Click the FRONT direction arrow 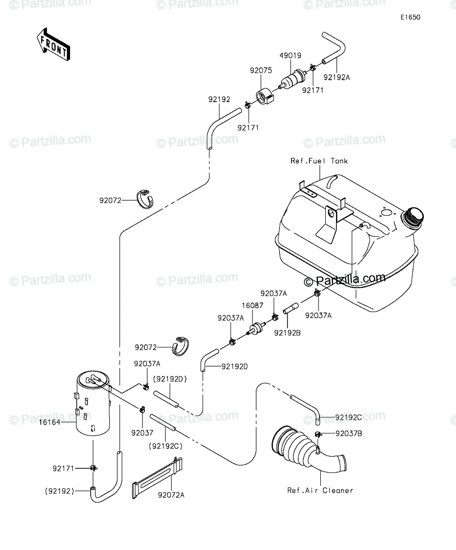(54, 44)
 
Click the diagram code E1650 (411, 17)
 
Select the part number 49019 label (290, 55)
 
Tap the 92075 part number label (261, 70)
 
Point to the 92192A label (337, 77)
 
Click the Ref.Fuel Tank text (319, 161)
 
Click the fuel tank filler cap (412, 218)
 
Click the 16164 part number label (49, 423)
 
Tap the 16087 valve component (256, 329)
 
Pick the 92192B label (287, 333)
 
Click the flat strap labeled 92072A (157, 478)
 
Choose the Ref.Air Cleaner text (320, 490)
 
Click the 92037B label (349, 434)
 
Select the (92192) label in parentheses (60, 491)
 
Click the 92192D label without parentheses (235, 367)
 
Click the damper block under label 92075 (265, 97)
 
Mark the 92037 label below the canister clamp (142, 433)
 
